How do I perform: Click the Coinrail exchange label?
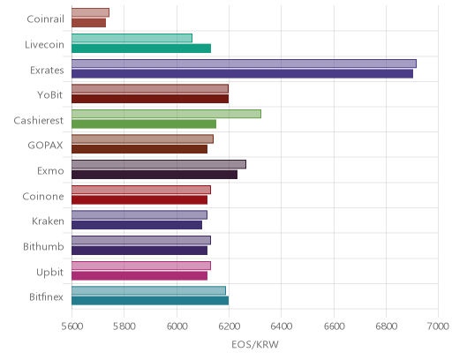click(x=45, y=19)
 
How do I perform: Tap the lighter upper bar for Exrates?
click(x=244, y=64)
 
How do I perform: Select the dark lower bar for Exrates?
click(x=242, y=74)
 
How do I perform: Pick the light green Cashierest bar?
click(x=166, y=114)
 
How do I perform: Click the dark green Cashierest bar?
click(x=144, y=124)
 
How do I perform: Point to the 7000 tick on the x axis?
click(x=438, y=326)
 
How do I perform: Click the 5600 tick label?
click(x=72, y=326)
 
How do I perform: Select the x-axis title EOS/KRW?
click(x=255, y=344)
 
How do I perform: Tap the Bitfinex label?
click(x=46, y=297)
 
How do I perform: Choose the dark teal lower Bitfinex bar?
click(x=150, y=301)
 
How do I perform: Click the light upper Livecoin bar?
click(x=132, y=38)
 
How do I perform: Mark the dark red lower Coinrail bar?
click(x=88, y=23)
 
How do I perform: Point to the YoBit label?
click(x=50, y=95)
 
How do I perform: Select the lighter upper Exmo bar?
click(x=159, y=164)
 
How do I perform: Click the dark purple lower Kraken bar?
click(x=137, y=225)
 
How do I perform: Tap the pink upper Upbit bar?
click(x=141, y=266)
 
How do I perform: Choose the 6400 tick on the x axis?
click(x=281, y=326)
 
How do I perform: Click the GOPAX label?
click(x=45, y=146)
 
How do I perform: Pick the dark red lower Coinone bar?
click(x=139, y=200)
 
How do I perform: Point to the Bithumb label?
click(x=43, y=246)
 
